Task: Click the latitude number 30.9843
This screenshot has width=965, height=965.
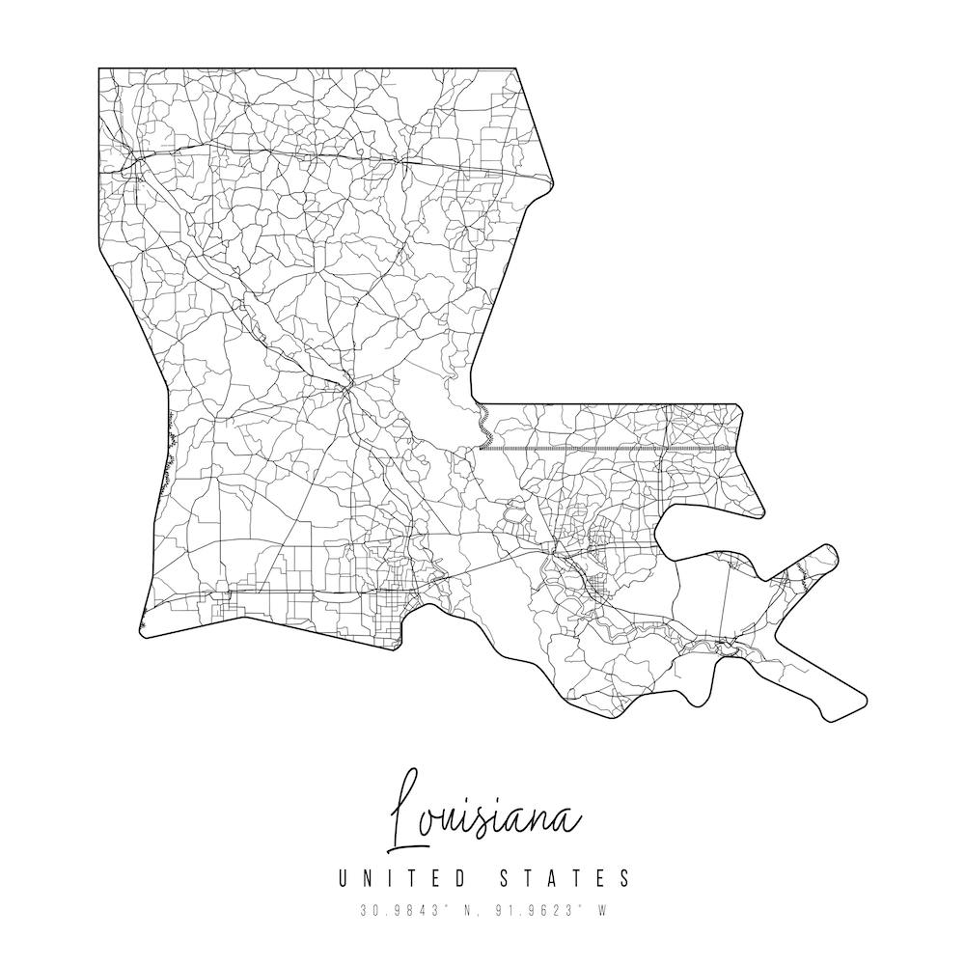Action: [391, 910]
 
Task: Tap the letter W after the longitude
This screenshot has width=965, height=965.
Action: [601, 910]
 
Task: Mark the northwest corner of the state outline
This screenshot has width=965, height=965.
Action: [99, 69]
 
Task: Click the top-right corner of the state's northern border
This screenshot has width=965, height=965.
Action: [515, 69]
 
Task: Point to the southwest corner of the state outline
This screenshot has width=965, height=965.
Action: [143, 637]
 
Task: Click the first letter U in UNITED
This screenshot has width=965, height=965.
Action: [344, 878]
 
